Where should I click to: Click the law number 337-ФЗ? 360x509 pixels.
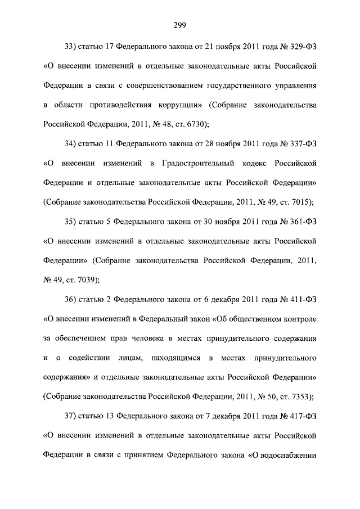302,143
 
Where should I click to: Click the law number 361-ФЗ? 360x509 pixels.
302,221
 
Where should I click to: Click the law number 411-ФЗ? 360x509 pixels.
302,299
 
